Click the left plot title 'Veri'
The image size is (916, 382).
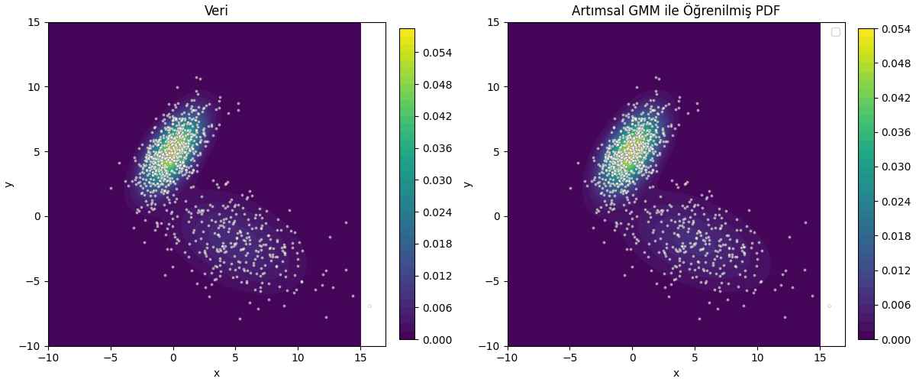coord(216,11)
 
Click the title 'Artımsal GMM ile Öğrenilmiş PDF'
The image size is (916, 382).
coord(676,11)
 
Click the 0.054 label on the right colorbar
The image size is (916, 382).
coord(895,29)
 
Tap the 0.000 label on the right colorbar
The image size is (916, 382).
coord(895,340)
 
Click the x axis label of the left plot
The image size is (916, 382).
coord(216,373)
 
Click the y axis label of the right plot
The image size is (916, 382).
coord(467,184)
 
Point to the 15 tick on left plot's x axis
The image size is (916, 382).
coord(360,357)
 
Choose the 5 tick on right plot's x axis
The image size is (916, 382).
coord(695,357)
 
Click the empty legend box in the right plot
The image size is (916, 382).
coord(835,32)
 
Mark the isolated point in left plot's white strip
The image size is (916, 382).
coord(369,306)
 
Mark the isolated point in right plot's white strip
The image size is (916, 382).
coord(829,306)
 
